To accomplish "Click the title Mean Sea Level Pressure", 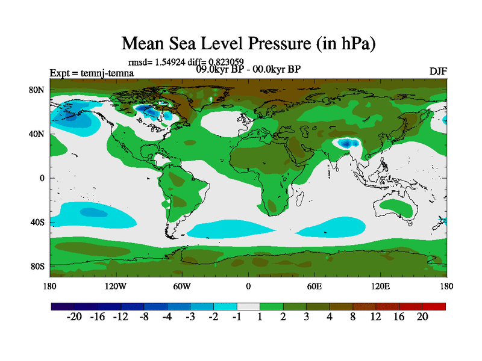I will [249, 43].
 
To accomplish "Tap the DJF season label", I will [438, 71].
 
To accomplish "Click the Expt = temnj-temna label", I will [92, 73].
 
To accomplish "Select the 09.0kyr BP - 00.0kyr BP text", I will [248, 69].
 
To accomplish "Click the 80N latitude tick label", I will [37, 90].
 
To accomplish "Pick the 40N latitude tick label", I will [37, 134].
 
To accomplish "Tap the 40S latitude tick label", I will [37, 222].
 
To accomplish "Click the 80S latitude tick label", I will [37, 266].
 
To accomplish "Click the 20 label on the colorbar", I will [422, 318].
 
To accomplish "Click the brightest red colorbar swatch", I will [434, 307].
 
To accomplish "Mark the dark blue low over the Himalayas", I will [346, 143].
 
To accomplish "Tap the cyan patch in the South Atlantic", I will [226, 229].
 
